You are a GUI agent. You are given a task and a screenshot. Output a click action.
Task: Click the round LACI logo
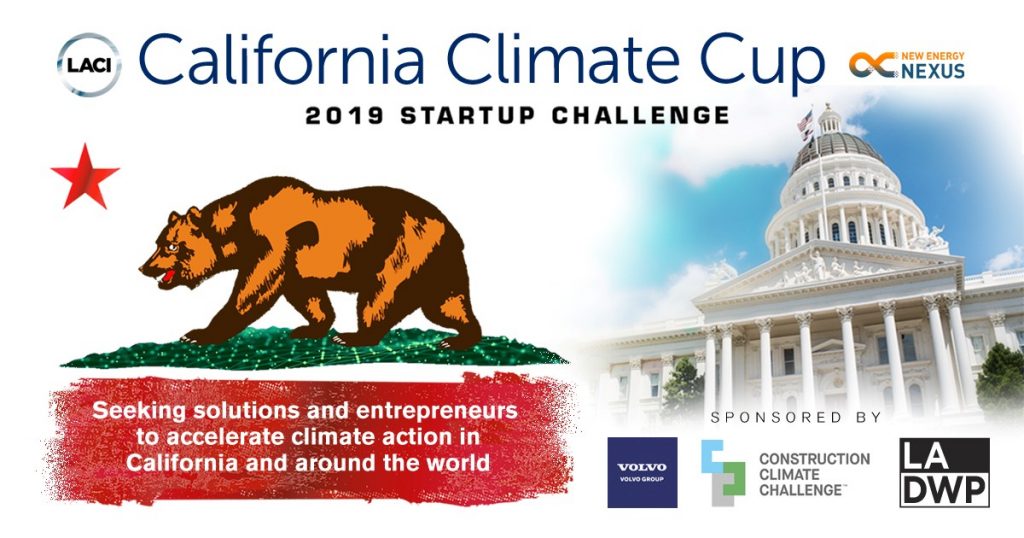(88, 65)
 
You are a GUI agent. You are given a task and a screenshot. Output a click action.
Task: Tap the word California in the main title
(281, 58)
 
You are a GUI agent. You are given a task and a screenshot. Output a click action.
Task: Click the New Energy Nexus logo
(906, 65)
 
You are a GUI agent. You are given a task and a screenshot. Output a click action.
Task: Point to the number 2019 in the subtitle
(345, 116)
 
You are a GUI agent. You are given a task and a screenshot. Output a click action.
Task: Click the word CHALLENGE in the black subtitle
(640, 116)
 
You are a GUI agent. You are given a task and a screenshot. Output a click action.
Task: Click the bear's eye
(172, 248)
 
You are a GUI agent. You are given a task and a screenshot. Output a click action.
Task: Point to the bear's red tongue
(168, 276)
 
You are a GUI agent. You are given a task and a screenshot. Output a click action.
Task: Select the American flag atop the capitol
(805, 122)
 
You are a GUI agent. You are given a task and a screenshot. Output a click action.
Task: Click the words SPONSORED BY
(796, 417)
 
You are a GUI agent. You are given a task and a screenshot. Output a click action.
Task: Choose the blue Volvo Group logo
(642, 473)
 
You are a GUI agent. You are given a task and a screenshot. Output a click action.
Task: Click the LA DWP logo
(944, 473)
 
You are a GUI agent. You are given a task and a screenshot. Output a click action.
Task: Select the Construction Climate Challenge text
(814, 474)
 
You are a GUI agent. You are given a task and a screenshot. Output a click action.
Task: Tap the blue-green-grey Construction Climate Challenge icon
(723, 473)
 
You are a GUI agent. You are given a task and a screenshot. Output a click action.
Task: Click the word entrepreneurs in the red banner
(436, 411)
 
